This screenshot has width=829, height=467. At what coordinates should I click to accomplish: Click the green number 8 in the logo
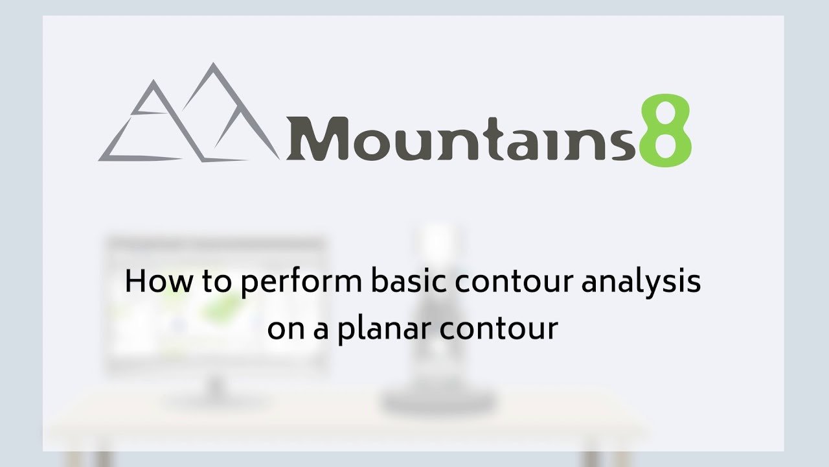665,130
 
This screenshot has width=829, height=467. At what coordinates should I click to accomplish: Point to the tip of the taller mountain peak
213,63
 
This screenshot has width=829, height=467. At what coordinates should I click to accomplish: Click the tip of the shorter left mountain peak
153,80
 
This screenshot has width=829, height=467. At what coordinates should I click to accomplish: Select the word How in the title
159,281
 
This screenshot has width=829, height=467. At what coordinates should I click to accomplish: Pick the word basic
409,281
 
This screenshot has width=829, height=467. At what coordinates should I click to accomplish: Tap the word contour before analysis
514,282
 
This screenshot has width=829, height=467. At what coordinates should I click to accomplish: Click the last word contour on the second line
499,329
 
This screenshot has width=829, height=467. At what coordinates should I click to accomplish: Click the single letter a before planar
321,331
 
